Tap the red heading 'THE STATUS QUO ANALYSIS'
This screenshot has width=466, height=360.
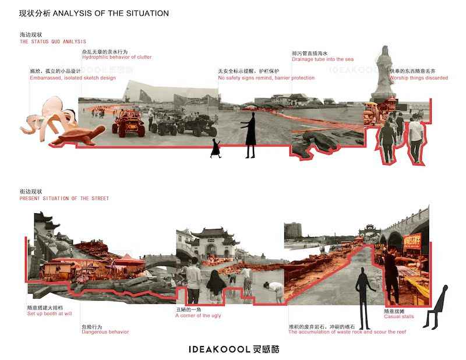point(52,42)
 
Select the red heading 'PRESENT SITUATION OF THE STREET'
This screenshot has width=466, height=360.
point(64,199)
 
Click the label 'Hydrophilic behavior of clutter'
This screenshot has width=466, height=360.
point(116,58)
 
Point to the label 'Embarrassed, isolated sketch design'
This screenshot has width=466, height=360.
point(72,78)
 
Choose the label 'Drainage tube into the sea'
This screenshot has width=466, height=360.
point(322,59)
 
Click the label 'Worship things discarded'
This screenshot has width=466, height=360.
point(418,78)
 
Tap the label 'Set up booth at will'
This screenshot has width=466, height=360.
point(50,313)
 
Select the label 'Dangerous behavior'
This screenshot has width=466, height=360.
point(105,332)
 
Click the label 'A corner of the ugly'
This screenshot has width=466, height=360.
point(198,316)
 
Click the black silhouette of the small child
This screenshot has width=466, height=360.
point(216,149)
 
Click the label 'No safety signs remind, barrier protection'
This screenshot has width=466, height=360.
point(266,78)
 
